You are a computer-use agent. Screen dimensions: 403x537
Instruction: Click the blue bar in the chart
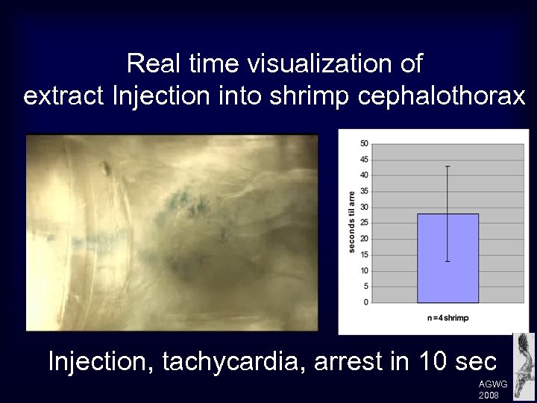coord(447,258)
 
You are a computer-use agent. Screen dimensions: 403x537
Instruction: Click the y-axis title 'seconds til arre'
coord(352,222)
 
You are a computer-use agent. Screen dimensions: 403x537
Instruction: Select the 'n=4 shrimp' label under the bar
coord(447,318)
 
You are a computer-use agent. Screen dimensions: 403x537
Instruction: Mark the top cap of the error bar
coord(447,166)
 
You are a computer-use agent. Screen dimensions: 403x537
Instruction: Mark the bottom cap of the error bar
coord(447,261)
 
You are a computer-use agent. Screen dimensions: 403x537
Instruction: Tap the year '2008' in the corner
coord(489,395)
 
